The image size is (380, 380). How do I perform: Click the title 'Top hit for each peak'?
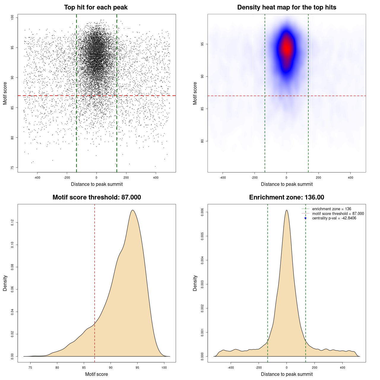point(96,7)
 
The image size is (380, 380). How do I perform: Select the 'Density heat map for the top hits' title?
point(286,7)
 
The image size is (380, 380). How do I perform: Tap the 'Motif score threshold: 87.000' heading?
point(96,197)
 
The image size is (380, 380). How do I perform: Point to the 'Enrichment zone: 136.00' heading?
point(286,197)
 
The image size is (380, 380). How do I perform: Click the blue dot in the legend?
point(305,218)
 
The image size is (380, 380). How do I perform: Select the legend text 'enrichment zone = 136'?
point(332,209)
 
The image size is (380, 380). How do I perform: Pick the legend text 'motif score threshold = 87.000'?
point(338,214)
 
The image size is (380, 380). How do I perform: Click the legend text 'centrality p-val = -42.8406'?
point(334,218)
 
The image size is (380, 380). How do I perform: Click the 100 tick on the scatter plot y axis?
point(12,18)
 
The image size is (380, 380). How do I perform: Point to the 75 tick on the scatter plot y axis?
point(12,168)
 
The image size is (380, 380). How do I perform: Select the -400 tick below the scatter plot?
point(37,178)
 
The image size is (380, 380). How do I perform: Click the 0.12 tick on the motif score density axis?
point(12,222)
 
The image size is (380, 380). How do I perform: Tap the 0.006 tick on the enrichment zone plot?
point(202,212)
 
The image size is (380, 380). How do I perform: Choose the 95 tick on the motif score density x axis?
point(137,368)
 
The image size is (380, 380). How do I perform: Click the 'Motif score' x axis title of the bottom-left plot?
point(96,374)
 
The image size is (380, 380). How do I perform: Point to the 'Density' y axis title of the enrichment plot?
point(195,283)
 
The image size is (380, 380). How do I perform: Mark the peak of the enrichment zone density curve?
point(286,210)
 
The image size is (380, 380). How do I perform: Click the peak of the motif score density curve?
point(132,210)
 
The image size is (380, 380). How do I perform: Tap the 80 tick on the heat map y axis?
point(202,141)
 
